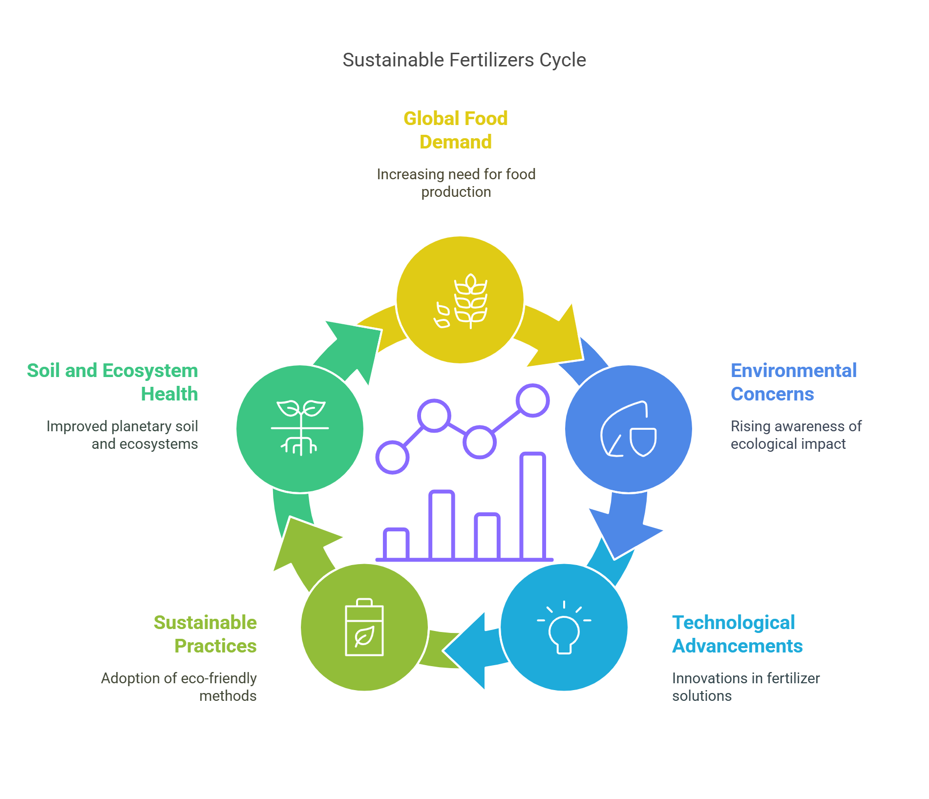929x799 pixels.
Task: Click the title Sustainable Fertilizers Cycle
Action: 464,60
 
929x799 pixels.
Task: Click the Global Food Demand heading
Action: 456,130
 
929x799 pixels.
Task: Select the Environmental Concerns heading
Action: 794,382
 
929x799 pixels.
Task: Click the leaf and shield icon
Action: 629,429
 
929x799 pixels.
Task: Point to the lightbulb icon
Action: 564,627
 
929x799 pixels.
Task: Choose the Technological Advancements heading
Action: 738,634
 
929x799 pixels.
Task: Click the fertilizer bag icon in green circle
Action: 364,627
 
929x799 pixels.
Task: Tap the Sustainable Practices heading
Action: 205,634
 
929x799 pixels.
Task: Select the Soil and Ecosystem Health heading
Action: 112,382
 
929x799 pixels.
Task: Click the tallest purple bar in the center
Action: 532,506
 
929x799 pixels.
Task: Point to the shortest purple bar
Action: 396,544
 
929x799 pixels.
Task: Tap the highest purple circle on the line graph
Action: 533,400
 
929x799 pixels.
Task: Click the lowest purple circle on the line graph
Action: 392,457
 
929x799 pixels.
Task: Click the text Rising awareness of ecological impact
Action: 796,435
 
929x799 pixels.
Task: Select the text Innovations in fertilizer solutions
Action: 746,687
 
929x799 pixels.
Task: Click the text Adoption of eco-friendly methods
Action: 179,687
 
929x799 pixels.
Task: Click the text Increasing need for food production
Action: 456,183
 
